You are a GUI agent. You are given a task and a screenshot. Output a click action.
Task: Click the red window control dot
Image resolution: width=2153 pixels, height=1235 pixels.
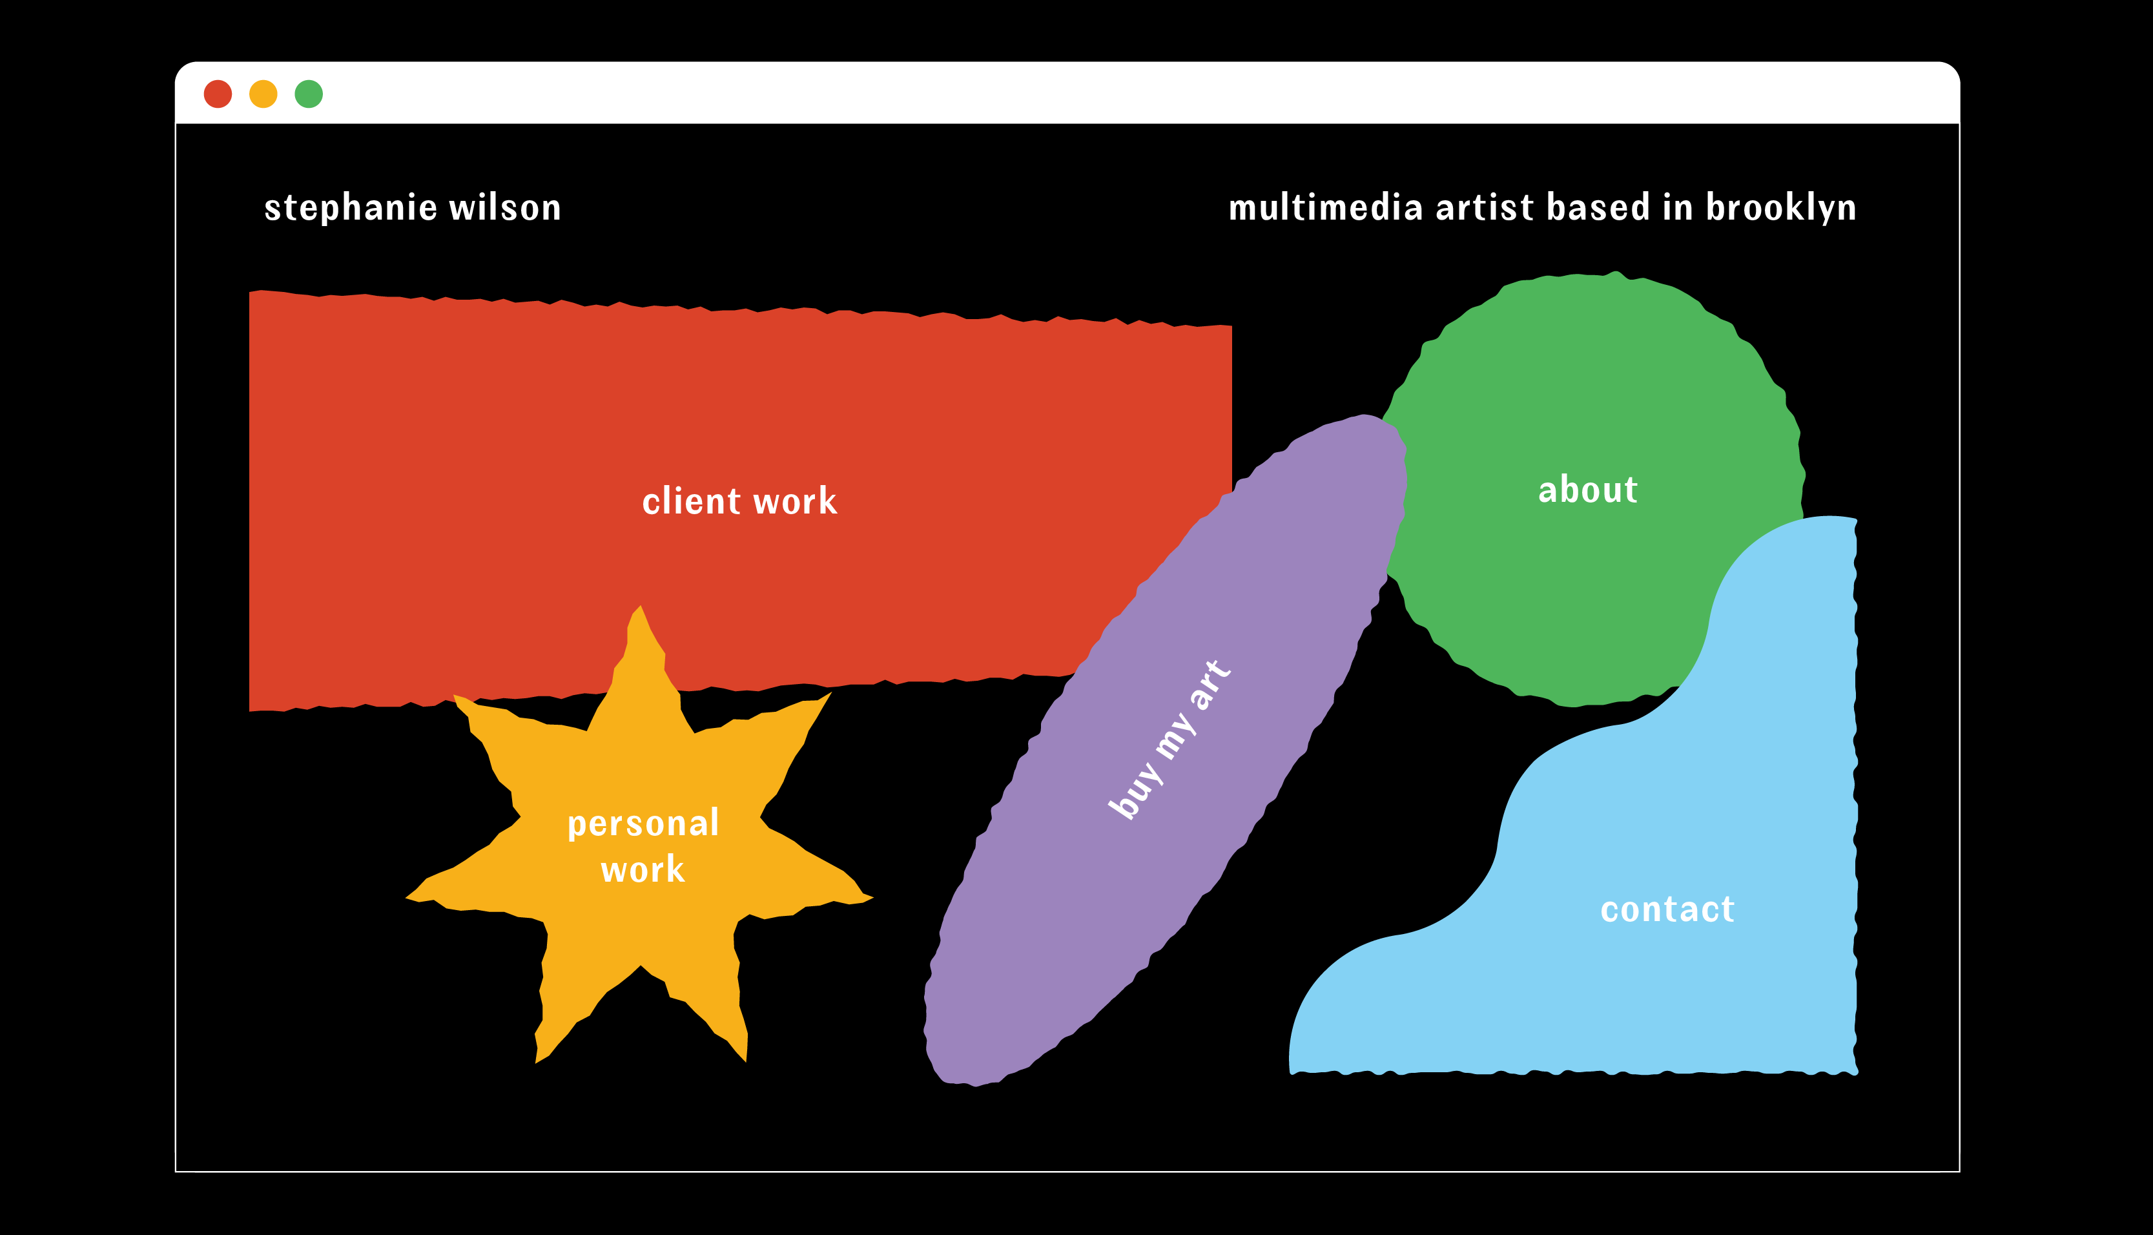[x=218, y=94]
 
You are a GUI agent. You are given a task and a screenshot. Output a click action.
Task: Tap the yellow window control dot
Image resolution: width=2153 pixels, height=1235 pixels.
[x=263, y=94]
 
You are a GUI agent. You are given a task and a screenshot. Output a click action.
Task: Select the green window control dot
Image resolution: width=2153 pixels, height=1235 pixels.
[x=309, y=94]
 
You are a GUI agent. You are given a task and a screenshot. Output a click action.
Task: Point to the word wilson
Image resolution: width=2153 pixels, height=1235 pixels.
[x=506, y=209]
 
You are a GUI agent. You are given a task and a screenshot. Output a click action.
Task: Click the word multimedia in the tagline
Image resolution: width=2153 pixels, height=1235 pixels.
[x=1325, y=209]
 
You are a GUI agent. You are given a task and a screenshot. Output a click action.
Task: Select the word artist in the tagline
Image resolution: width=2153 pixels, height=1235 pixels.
[x=1485, y=209]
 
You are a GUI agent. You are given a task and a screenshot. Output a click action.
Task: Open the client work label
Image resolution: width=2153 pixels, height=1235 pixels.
[x=739, y=501]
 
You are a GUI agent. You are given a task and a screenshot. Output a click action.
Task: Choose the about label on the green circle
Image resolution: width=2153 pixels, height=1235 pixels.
[x=1587, y=490]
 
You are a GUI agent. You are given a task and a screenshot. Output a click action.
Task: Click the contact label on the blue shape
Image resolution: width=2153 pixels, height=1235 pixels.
[x=1667, y=909]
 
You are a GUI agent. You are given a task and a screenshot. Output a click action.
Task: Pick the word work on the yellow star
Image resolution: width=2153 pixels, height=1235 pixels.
[x=643, y=870]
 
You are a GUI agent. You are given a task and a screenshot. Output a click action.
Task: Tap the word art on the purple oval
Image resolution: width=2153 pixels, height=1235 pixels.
[x=1210, y=683]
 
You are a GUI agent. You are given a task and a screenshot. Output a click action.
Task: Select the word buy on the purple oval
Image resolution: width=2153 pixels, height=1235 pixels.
[x=1135, y=791]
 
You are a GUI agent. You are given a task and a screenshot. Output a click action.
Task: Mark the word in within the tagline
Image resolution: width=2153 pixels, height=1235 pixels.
[x=1677, y=209]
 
